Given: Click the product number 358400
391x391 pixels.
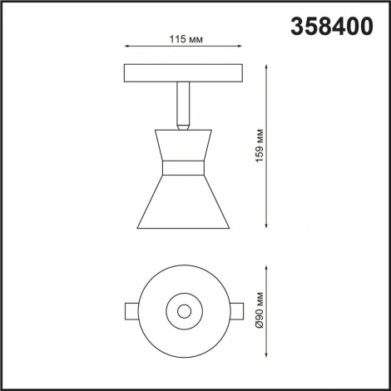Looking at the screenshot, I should point(331,27).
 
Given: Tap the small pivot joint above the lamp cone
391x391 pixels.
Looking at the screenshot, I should point(182,126).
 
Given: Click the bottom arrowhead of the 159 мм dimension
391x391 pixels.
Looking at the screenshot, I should point(266,225).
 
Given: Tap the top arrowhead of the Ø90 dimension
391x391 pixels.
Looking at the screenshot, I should point(266,270).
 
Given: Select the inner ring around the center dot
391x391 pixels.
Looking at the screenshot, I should point(183,302).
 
